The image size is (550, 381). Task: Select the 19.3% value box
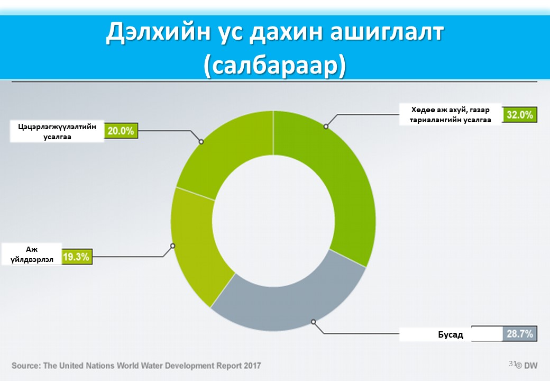(x=77, y=257)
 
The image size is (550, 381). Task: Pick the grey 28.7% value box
(x=520, y=334)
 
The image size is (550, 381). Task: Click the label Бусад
(x=450, y=334)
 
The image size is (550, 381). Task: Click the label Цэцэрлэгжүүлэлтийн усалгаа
(x=57, y=131)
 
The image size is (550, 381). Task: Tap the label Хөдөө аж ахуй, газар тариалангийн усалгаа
(x=450, y=115)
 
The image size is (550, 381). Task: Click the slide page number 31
(x=512, y=364)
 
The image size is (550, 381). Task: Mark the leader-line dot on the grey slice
(x=314, y=321)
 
